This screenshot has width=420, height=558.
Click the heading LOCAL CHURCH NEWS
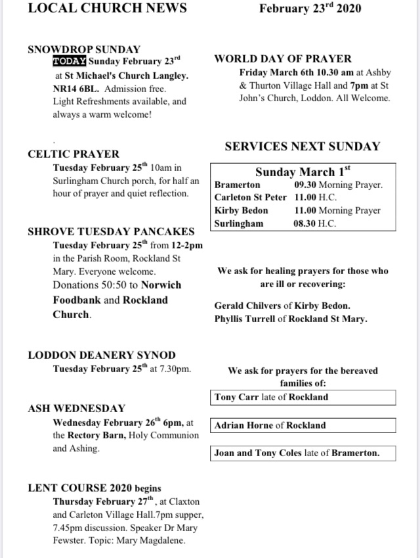(107, 9)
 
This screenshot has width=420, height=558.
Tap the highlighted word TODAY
(70, 62)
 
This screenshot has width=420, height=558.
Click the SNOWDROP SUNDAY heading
(84, 49)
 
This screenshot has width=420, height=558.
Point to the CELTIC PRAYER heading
(73, 154)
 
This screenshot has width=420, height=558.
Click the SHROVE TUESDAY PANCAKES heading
(111, 231)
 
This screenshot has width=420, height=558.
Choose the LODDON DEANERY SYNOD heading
(102, 355)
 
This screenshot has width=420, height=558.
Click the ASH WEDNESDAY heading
(76, 408)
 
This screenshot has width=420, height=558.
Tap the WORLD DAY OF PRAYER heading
(283, 58)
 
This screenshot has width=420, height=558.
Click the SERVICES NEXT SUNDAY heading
(302, 147)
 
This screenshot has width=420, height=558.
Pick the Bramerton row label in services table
(237, 185)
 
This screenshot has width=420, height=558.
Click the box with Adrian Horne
(304, 425)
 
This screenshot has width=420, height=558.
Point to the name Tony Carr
(237, 397)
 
